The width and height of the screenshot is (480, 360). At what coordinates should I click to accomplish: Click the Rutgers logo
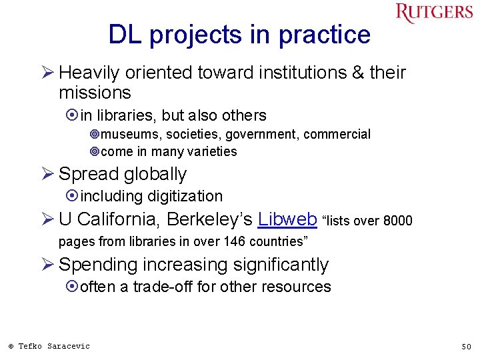tap(434, 13)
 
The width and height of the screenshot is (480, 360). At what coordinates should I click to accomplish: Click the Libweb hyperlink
tap(287, 219)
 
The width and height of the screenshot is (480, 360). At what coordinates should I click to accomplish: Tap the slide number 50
tap(466, 346)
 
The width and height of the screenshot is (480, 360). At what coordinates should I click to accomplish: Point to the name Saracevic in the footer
tap(68, 345)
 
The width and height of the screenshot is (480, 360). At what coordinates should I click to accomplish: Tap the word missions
tap(95, 92)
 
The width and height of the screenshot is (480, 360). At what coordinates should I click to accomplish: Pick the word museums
tap(129, 134)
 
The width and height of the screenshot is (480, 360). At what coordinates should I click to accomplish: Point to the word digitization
tap(185, 196)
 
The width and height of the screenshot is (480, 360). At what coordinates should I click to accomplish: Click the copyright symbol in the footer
tap(11, 346)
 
